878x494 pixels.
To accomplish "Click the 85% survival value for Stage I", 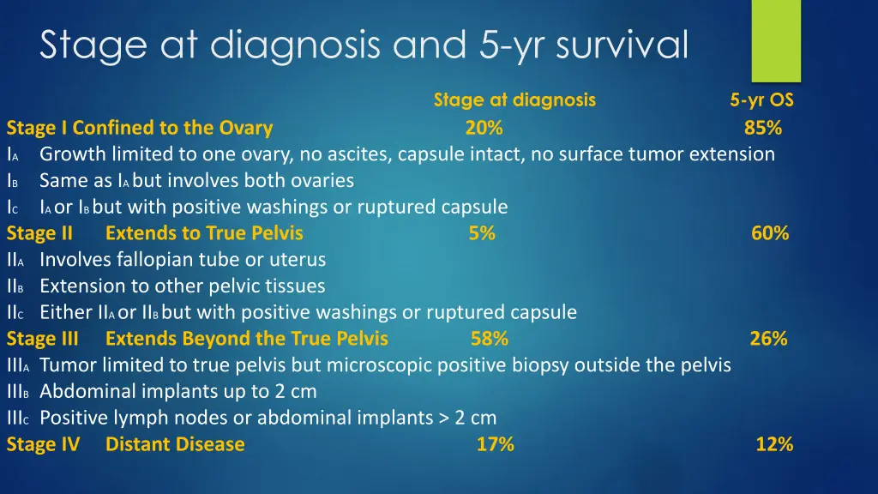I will (762, 129).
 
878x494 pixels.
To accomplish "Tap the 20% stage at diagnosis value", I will (484, 129).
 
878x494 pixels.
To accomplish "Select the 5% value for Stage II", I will (482, 233).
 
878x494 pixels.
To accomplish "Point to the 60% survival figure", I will (770, 233).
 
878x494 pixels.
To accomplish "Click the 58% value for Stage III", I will (490, 339).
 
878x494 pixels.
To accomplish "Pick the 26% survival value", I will (768, 339).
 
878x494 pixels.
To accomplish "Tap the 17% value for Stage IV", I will (496, 444).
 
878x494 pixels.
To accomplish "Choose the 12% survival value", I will (774, 444).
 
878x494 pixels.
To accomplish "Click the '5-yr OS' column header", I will (762, 100).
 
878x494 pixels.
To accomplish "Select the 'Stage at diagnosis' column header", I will (514, 100).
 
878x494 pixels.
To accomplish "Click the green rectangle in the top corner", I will (775, 39).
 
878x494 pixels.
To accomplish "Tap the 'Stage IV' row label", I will (43, 444).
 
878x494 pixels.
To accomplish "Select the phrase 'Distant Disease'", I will (175, 444).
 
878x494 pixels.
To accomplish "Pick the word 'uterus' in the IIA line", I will (299, 259).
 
